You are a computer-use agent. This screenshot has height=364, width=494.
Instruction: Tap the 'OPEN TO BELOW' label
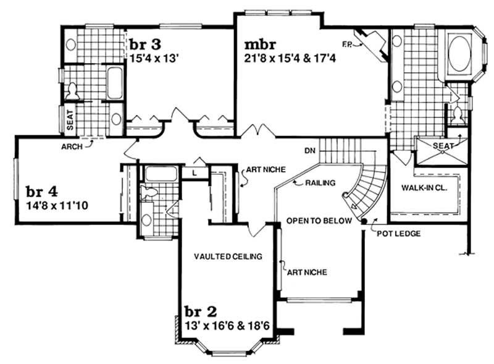tap(319, 221)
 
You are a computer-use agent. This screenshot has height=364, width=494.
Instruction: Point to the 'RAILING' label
tap(320, 183)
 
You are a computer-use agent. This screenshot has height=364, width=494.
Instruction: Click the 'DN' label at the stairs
tap(311, 150)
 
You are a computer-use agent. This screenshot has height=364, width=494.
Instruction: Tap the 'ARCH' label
tap(73, 147)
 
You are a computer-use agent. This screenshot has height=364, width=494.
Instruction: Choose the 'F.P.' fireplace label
tap(348, 43)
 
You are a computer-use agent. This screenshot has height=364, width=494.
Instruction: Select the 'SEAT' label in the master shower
tap(443, 146)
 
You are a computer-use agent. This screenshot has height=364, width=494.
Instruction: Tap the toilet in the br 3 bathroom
tap(72, 91)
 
